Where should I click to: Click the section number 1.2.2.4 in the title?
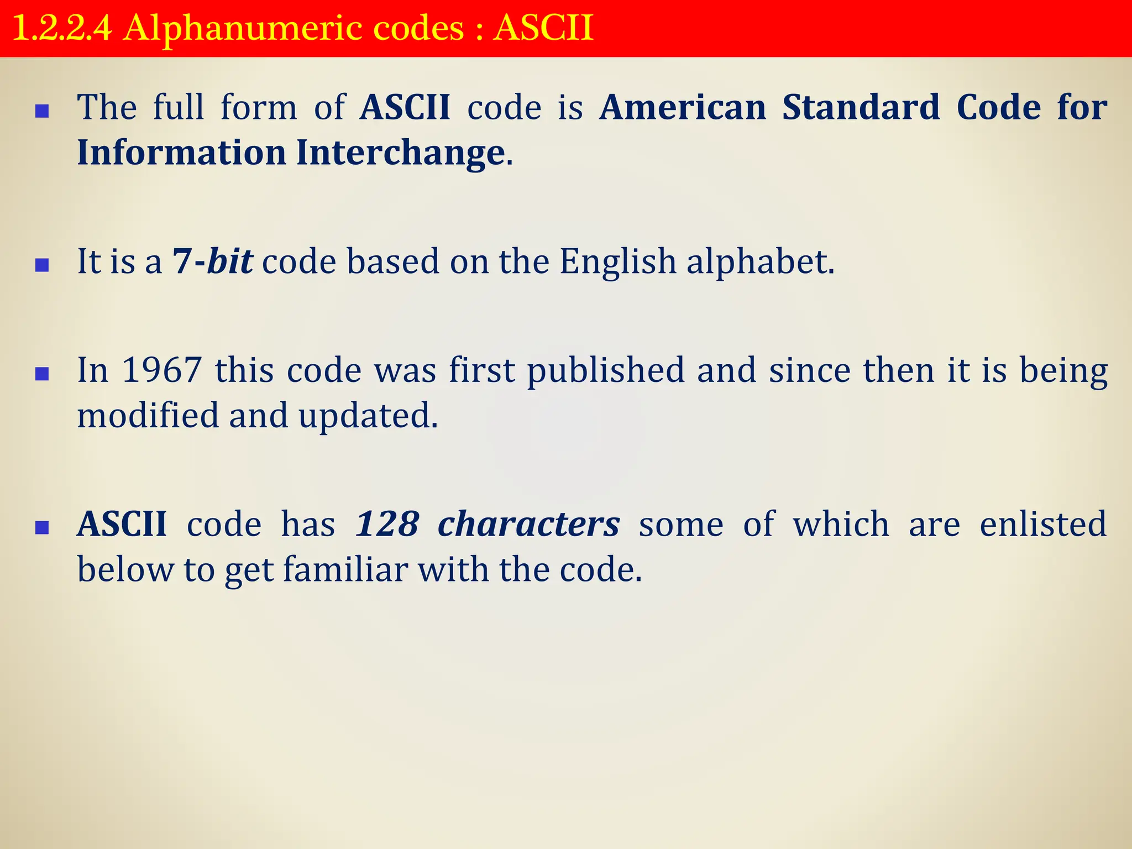tap(61, 29)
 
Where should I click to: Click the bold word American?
tap(683, 107)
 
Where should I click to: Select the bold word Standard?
tap(861, 107)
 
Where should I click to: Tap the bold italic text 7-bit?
tap(213, 261)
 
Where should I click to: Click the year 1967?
tap(161, 370)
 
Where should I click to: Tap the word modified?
tap(148, 415)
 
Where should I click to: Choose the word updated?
tap(368, 416)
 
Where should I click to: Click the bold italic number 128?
tap(387, 524)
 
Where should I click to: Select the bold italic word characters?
tap(528, 524)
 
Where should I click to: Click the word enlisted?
tap(1043, 524)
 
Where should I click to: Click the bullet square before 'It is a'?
tap(42, 266)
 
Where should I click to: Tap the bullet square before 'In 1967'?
tap(42, 375)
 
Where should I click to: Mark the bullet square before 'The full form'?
tap(42, 112)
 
